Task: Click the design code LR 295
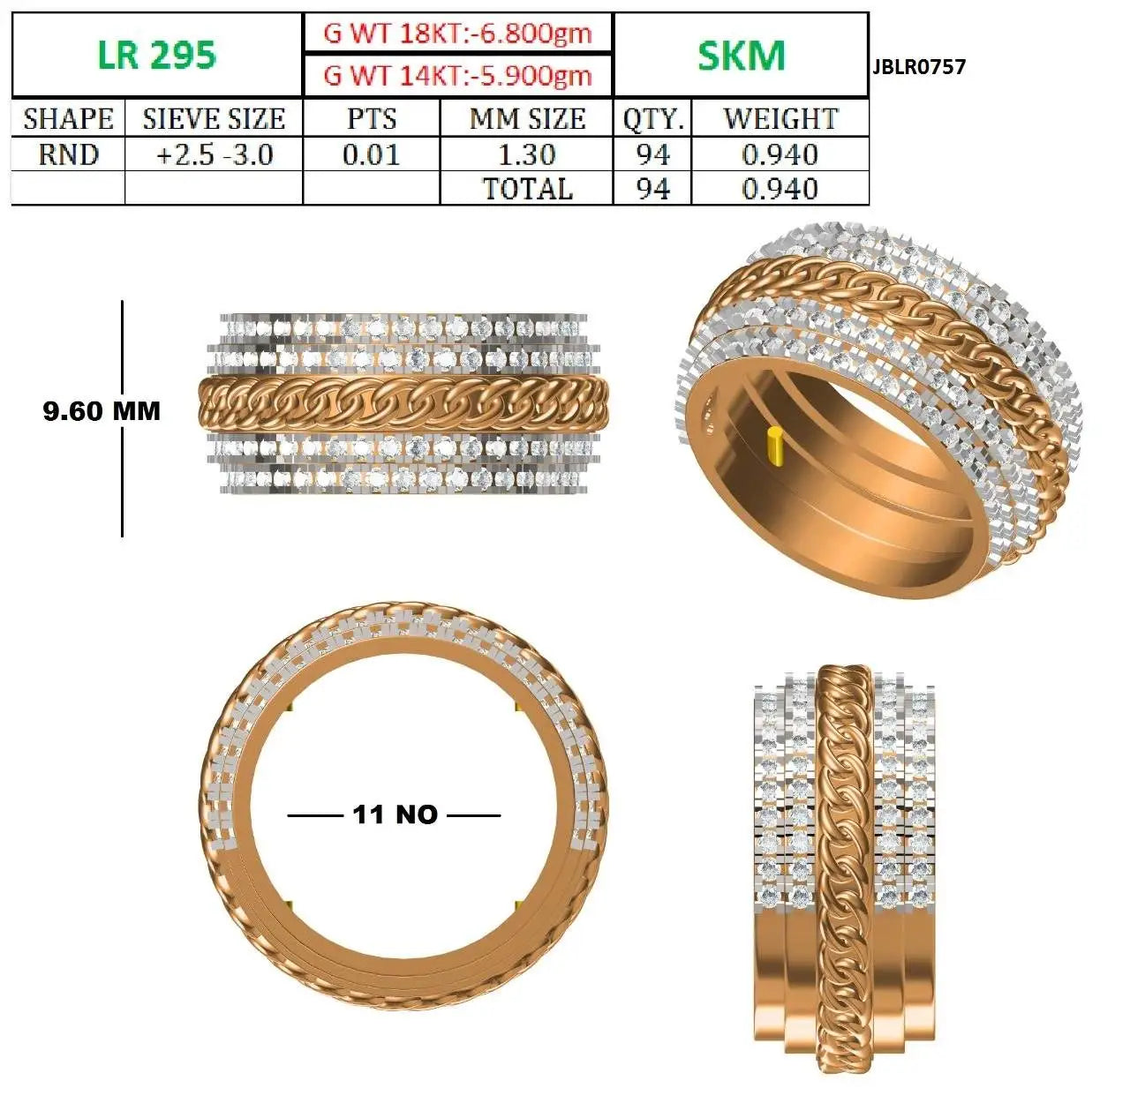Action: tap(157, 55)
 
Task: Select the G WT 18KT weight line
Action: tap(457, 34)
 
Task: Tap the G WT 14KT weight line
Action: tap(457, 76)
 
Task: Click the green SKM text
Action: tap(741, 56)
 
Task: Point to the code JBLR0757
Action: tap(919, 67)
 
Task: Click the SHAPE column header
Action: tap(69, 119)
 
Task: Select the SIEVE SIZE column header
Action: tap(215, 119)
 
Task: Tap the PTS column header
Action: tap(372, 119)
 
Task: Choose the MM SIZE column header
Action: tap(527, 119)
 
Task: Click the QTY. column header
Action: tap(653, 119)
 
